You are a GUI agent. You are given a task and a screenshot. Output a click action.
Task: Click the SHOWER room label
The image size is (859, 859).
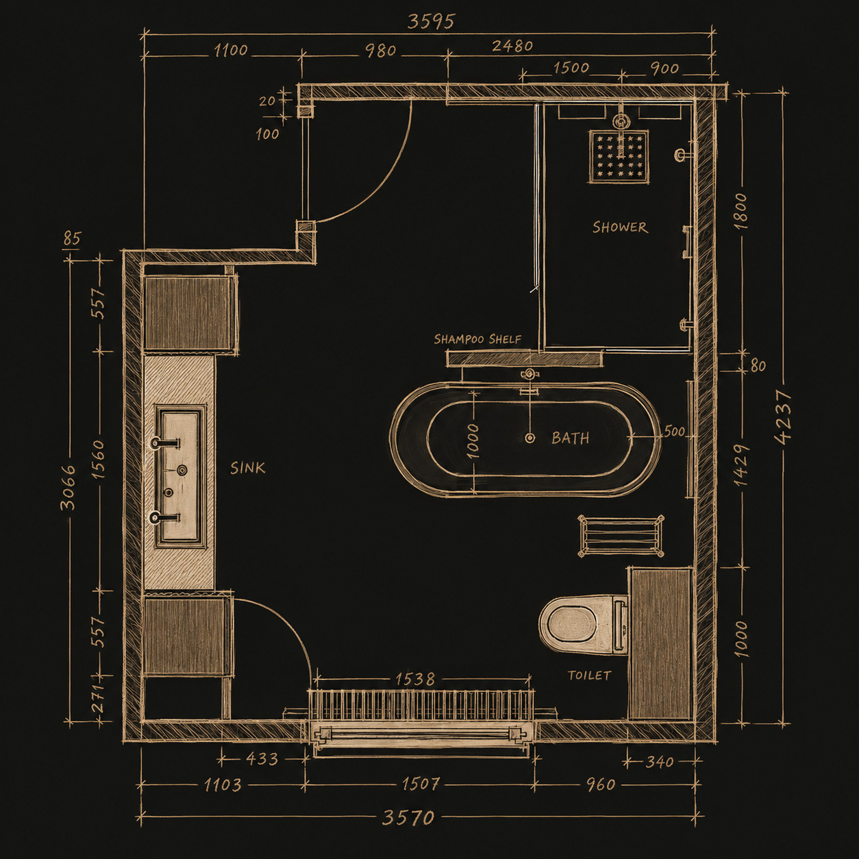pyautogui.click(x=620, y=227)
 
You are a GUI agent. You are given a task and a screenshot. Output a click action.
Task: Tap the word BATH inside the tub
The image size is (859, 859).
pyautogui.click(x=570, y=438)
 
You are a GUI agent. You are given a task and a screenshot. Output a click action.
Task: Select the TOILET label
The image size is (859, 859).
pyautogui.click(x=589, y=675)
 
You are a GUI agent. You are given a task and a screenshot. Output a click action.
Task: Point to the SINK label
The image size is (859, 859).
pyautogui.click(x=247, y=468)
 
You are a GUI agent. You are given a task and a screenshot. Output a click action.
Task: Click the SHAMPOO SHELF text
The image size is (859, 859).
pyautogui.click(x=477, y=339)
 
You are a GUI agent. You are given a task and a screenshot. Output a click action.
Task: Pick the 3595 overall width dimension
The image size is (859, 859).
pyautogui.click(x=431, y=21)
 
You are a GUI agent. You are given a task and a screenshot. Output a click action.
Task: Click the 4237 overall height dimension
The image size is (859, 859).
pyautogui.click(x=783, y=417)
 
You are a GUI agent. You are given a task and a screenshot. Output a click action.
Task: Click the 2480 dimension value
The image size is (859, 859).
pyautogui.click(x=512, y=46)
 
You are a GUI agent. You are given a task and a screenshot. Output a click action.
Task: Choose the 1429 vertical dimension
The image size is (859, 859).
pyautogui.click(x=741, y=465)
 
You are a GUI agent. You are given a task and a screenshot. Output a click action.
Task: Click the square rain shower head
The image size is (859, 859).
pyautogui.click(x=619, y=156)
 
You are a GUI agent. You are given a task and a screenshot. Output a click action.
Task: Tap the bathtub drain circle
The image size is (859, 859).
pyautogui.click(x=530, y=438)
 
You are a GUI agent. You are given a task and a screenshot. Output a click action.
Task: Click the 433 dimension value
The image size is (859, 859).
pyautogui.click(x=262, y=758)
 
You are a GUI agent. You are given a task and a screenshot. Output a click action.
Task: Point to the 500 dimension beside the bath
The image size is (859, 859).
pyautogui.click(x=674, y=431)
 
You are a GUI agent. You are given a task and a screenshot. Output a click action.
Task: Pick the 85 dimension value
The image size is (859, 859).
pyautogui.click(x=72, y=239)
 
